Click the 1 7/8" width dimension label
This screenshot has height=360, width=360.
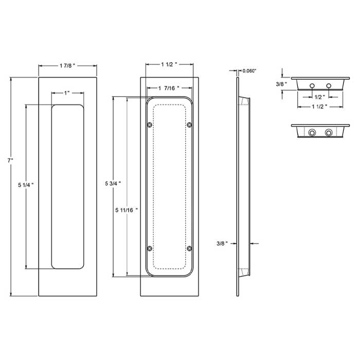pos(67,65)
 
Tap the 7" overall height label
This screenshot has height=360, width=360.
pos(11,161)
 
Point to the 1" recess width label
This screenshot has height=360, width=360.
pos(67,93)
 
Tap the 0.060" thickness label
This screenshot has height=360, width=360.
pos(249,70)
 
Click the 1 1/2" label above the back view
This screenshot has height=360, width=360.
pos(169,65)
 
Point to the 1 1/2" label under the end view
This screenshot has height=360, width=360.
pos(320,106)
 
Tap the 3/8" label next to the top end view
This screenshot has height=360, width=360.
pos(281,82)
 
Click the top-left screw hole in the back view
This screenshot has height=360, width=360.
pos(150,125)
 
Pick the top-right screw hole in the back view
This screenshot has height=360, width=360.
pos(189,125)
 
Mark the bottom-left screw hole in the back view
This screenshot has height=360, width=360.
pos(150,249)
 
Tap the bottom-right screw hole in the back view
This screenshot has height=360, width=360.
pos(189,249)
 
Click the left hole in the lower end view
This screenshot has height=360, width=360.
pos(311,133)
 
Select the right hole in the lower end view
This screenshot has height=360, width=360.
pos(328,133)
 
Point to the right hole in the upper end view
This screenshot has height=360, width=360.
pos(328,84)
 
